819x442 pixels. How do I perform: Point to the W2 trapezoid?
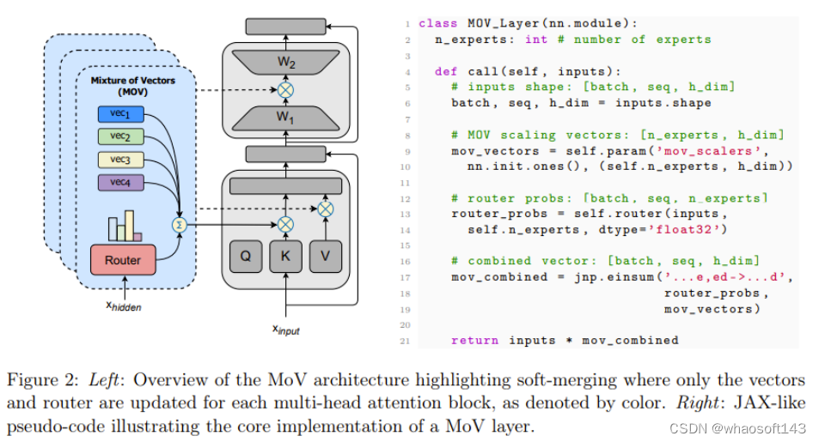tap(284, 63)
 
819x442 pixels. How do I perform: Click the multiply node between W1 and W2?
tap(285, 89)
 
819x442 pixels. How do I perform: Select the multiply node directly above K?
tap(285, 225)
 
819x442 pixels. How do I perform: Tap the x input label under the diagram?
tap(285, 330)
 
